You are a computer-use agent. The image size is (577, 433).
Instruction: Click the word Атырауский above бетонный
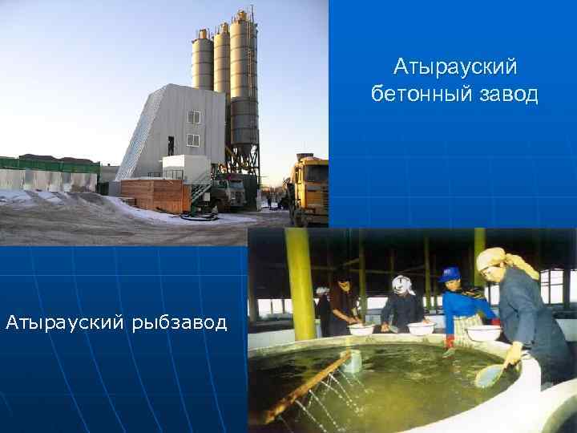(455, 64)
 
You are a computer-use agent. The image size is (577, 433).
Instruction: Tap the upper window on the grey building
(194, 117)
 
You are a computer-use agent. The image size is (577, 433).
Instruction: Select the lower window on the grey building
(193, 141)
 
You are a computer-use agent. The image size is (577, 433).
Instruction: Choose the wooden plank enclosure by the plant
(155, 195)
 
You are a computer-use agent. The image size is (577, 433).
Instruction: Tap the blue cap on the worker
(450, 274)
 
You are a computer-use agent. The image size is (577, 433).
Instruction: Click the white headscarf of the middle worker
(401, 283)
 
